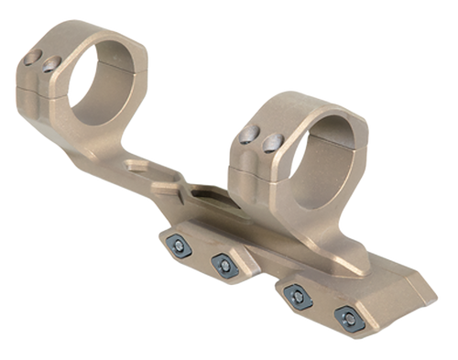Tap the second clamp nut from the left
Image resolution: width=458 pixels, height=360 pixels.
(223, 265)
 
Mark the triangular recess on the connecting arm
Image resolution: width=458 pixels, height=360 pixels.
(137, 168)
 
